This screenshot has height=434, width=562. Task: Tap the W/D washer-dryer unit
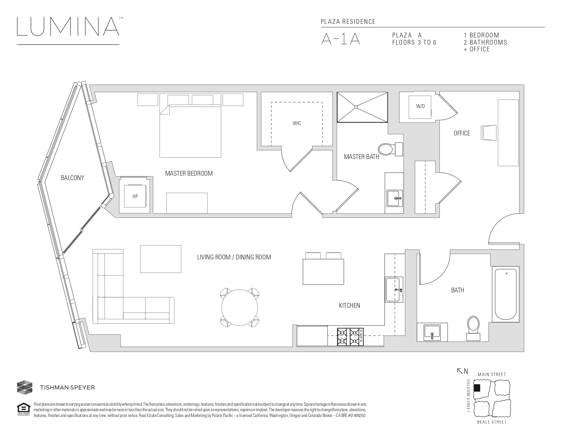[420, 107]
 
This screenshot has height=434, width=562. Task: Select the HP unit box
[135, 196]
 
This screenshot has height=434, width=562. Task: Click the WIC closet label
[297, 123]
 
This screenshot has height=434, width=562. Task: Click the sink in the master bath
[394, 198]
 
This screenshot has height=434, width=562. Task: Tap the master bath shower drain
[356, 107]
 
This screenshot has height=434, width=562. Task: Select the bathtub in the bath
[505, 294]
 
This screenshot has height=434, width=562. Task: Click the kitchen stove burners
[350, 337]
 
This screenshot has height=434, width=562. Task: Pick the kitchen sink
[394, 290]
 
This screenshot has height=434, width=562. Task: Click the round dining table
[239, 308]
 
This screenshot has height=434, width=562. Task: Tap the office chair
[488, 133]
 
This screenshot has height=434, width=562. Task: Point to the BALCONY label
[73, 178]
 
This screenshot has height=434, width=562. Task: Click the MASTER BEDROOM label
[189, 174]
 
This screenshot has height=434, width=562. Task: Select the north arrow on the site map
[460, 371]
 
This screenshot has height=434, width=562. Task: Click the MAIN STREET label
[491, 374]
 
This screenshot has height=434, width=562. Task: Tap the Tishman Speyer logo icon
[25, 387]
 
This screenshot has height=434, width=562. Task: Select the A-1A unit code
[340, 39]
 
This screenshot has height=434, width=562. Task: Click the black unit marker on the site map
[477, 388]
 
